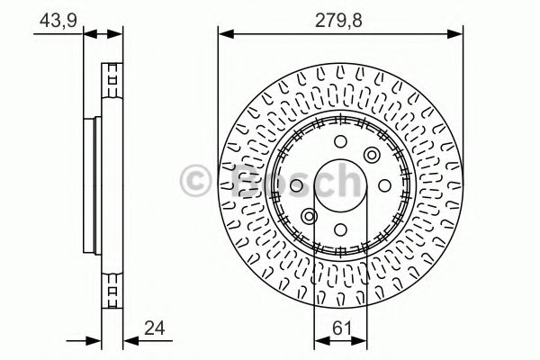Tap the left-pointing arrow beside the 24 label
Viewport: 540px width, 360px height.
coord(129,340)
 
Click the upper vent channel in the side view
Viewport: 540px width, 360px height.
coord(112,78)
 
